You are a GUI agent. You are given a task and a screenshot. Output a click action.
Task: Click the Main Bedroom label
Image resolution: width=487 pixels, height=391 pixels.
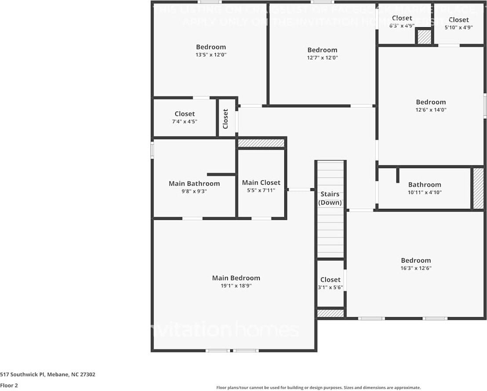tap(236, 278)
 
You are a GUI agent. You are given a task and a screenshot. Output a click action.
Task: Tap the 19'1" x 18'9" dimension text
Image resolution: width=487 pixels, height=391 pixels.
tap(236, 286)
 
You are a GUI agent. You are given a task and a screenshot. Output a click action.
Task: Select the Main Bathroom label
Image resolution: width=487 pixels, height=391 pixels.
tap(194, 183)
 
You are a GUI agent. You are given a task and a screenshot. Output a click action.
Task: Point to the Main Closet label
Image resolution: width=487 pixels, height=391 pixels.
tap(261, 183)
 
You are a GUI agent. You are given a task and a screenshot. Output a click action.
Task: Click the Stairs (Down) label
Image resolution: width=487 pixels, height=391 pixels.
tap(330, 198)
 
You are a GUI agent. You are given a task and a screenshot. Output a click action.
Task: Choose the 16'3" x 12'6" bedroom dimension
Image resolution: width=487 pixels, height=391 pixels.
tap(415, 268)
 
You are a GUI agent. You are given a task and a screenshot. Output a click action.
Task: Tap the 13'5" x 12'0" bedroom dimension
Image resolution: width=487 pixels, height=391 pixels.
tap(211, 55)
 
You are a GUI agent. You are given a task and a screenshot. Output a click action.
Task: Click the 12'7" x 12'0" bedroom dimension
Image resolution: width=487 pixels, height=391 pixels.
tap(322, 58)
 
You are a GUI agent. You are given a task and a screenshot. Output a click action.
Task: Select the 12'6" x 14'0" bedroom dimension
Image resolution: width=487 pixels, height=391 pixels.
tap(431, 110)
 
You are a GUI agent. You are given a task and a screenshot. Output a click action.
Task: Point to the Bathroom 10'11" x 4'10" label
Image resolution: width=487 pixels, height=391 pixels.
tap(424, 185)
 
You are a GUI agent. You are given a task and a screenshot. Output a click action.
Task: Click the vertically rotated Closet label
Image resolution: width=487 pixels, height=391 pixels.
tap(226, 119)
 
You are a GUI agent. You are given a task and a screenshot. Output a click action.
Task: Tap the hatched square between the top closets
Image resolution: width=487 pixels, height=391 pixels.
tap(424, 37)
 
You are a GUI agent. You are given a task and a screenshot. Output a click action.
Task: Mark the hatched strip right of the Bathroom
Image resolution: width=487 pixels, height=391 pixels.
tap(478, 188)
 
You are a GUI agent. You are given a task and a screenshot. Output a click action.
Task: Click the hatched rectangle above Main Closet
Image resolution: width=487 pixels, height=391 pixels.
tap(261, 143)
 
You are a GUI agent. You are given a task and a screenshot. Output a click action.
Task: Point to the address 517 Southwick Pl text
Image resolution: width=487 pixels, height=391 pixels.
tap(47, 375)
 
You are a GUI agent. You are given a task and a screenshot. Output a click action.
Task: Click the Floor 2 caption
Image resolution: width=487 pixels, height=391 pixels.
tap(9, 385)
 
